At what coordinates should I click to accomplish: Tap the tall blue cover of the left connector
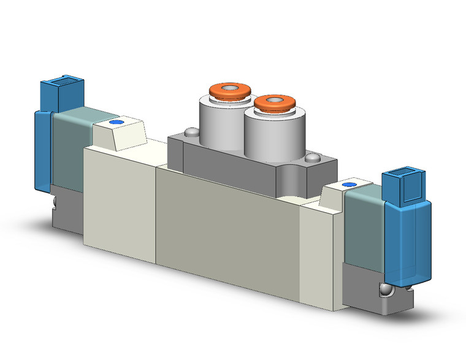pyautogui.click(x=43, y=150)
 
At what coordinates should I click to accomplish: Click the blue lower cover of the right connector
pyautogui.click(x=408, y=245)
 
